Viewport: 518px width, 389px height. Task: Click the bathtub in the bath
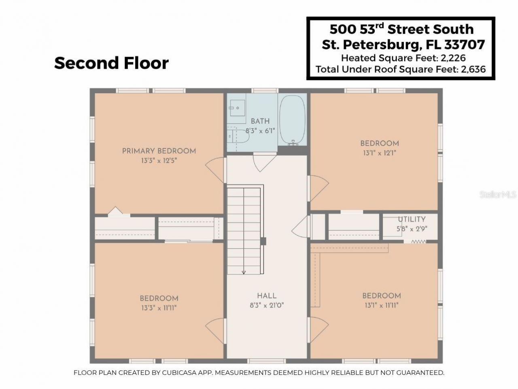tap(292, 120)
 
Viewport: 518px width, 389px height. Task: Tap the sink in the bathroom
tap(236, 108)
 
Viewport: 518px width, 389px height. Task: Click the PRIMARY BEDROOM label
tap(159, 151)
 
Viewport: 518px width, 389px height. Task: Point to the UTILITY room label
tap(412, 219)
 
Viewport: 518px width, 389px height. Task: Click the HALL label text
tap(267, 296)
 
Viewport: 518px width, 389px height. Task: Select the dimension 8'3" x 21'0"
tap(267, 306)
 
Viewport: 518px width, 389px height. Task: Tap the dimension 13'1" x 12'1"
tap(380, 153)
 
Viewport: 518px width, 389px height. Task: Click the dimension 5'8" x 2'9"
tap(412, 228)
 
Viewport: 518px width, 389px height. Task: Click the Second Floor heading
tap(111, 63)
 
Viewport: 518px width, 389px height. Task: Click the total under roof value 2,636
tap(472, 69)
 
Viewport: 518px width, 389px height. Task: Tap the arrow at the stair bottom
tap(244, 272)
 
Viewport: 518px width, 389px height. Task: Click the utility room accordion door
tap(418, 241)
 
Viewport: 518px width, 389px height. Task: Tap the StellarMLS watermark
tap(498, 194)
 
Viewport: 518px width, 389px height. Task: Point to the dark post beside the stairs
tap(263, 241)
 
